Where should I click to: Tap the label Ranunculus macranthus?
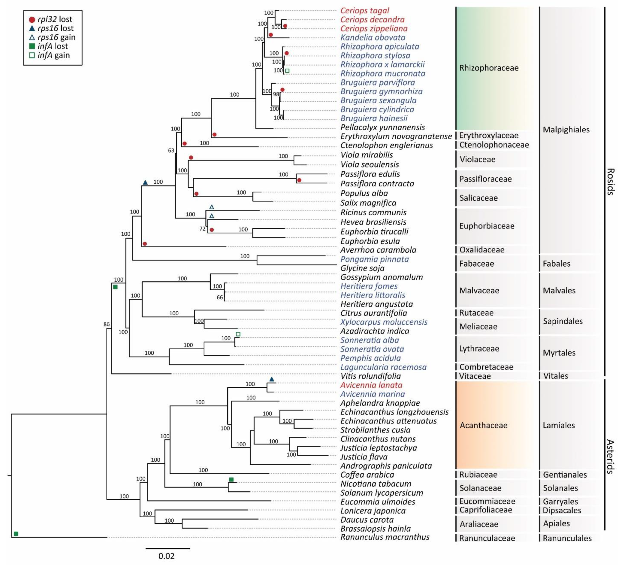click(x=385, y=537)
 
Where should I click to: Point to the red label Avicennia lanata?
click(x=371, y=385)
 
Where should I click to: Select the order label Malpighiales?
click(x=566, y=129)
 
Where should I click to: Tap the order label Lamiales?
click(x=559, y=425)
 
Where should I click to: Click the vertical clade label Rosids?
click(x=610, y=182)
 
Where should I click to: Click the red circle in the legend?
click(x=32, y=19)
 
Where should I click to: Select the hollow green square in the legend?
click(x=32, y=55)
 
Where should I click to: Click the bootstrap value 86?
click(x=107, y=324)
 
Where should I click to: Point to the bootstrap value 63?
click(x=171, y=150)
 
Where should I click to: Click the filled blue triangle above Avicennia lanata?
click(x=271, y=379)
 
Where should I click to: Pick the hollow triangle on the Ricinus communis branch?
click(x=212, y=207)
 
